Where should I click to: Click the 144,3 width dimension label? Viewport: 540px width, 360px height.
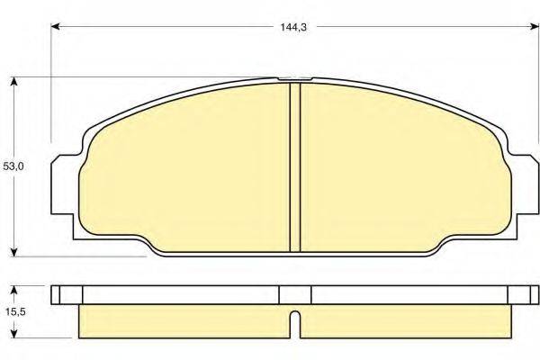click(293, 27)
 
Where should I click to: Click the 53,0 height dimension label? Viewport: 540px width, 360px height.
click(13, 166)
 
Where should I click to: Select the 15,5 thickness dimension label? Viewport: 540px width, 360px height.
click(15, 311)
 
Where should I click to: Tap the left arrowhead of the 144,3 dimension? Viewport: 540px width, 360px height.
click(56, 26)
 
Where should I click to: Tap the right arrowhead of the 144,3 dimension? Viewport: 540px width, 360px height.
click(534, 26)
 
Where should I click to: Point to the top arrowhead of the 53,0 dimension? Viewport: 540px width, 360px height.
click(13, 82)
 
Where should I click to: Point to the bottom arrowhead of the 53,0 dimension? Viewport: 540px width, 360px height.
click(13, 252)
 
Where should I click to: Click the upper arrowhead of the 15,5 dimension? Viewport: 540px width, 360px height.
click(13, 290)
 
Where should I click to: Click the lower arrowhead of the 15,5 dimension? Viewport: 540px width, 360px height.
click(13, 334)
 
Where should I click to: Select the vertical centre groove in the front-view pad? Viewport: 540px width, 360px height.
click(295, 167)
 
